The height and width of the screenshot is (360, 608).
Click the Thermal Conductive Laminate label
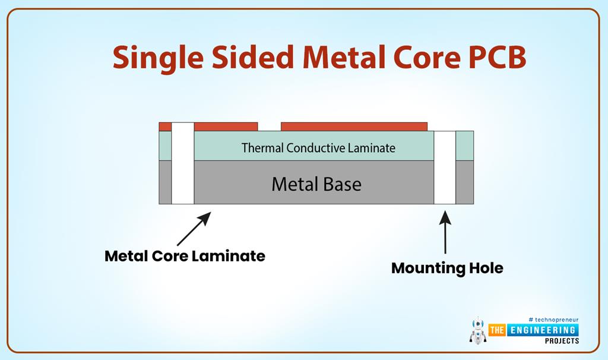click(x=318, y=148)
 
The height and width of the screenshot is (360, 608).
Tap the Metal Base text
click(x=316, y=184)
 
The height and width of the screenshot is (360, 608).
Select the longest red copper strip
click(x=354, y=127)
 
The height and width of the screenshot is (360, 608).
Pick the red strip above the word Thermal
click(x=226, y=127)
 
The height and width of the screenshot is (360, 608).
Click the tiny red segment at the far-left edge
click(x=165, y=127)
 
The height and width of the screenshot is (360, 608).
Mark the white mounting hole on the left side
click(x=183, y=163)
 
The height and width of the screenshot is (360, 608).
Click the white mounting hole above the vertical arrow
click(x=445, y=168)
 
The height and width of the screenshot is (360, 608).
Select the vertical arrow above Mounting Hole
click(x=445, y=233)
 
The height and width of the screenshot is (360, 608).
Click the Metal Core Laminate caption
click(x=185, y=256)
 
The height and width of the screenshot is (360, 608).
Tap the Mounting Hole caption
click(x=447, y=268)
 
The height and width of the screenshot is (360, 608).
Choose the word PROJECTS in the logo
click(x=561, y=341)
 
